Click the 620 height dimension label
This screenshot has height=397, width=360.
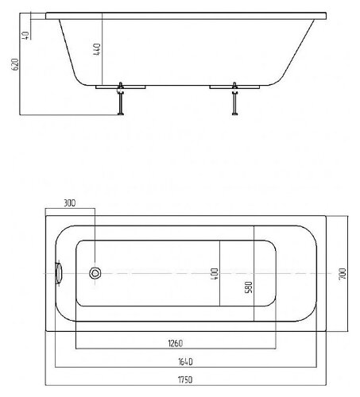16,64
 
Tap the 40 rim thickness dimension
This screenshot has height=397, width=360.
25,35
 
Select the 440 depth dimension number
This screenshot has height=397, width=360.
97,49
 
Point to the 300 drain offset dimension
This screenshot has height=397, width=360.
70,203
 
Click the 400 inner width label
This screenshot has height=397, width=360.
215,274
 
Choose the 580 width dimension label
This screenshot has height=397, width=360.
249,287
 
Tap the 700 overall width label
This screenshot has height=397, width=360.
343,274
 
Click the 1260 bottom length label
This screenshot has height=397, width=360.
176,343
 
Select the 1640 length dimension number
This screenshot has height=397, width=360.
185,361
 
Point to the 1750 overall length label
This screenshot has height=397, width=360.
185,380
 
